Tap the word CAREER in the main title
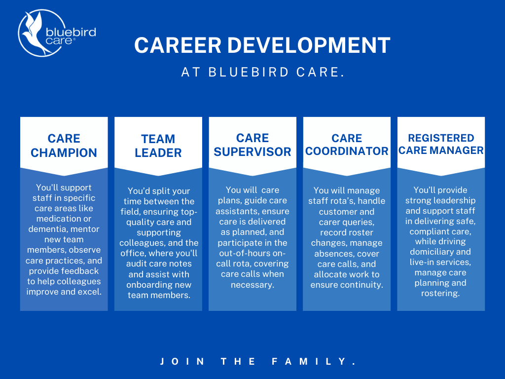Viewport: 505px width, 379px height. point(168,46)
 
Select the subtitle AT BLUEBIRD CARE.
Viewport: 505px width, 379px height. point(262,72)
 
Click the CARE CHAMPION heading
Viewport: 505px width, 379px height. point(64,146)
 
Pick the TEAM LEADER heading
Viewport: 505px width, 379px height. point(158,146)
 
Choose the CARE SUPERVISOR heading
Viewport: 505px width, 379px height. point(252,145)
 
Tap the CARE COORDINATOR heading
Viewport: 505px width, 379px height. point(347,145)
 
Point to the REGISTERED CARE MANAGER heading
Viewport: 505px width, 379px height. point(441,144)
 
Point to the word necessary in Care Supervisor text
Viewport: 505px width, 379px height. point(252,284)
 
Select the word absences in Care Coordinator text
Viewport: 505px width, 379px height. point(334,253)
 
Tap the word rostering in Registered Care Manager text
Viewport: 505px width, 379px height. point(440,293)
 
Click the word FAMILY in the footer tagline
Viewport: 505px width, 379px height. point(314,362)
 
